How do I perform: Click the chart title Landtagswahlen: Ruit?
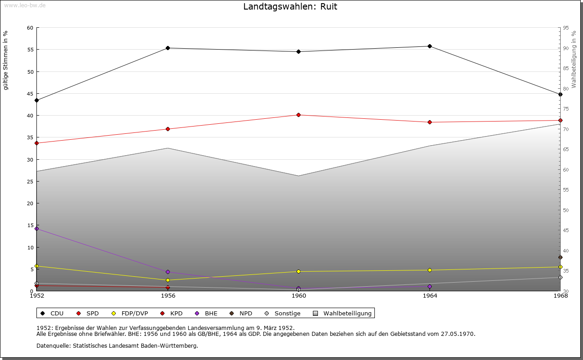click(x=290, y=7)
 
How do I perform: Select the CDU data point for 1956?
click(x=168, y=48)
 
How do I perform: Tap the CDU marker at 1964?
click(x=430, y=46)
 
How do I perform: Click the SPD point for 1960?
click(x=298, y=115)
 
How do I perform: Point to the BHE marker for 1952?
click(x=36, y=228)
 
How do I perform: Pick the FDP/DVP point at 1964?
click(x=430, y=270)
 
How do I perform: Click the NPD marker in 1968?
click(x=560, y=257)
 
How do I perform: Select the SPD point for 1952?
click(x=36, y=143)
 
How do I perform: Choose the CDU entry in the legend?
click(x=56, y=313)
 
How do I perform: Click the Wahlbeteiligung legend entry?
click(x=347, y=313)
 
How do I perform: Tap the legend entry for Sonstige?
click(x=287, y=313)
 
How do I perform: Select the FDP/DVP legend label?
click(x=135, y=313)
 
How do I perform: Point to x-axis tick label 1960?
click(x=299, y=296)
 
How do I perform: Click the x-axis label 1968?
click(x=560, y=296)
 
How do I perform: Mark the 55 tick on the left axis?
click(x=30, y=50)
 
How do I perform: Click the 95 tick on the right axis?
click(x=566, y=28)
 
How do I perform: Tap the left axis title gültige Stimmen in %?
click(x=6, y=60)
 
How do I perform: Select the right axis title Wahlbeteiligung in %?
click(x=574, y=59)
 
